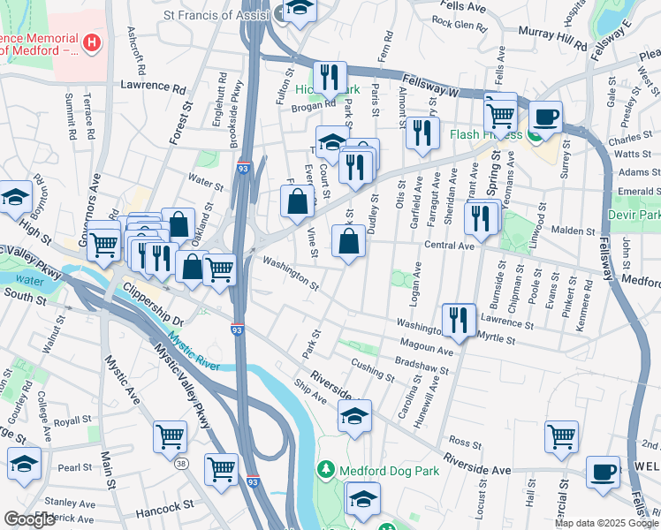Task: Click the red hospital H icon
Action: pos(90,42)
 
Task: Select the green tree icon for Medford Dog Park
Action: pos(327,469)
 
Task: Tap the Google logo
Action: pos(29,519)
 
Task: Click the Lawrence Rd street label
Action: pos(154,88)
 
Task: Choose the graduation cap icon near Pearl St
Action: pos(24,462)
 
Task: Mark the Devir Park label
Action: pos(634,215)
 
